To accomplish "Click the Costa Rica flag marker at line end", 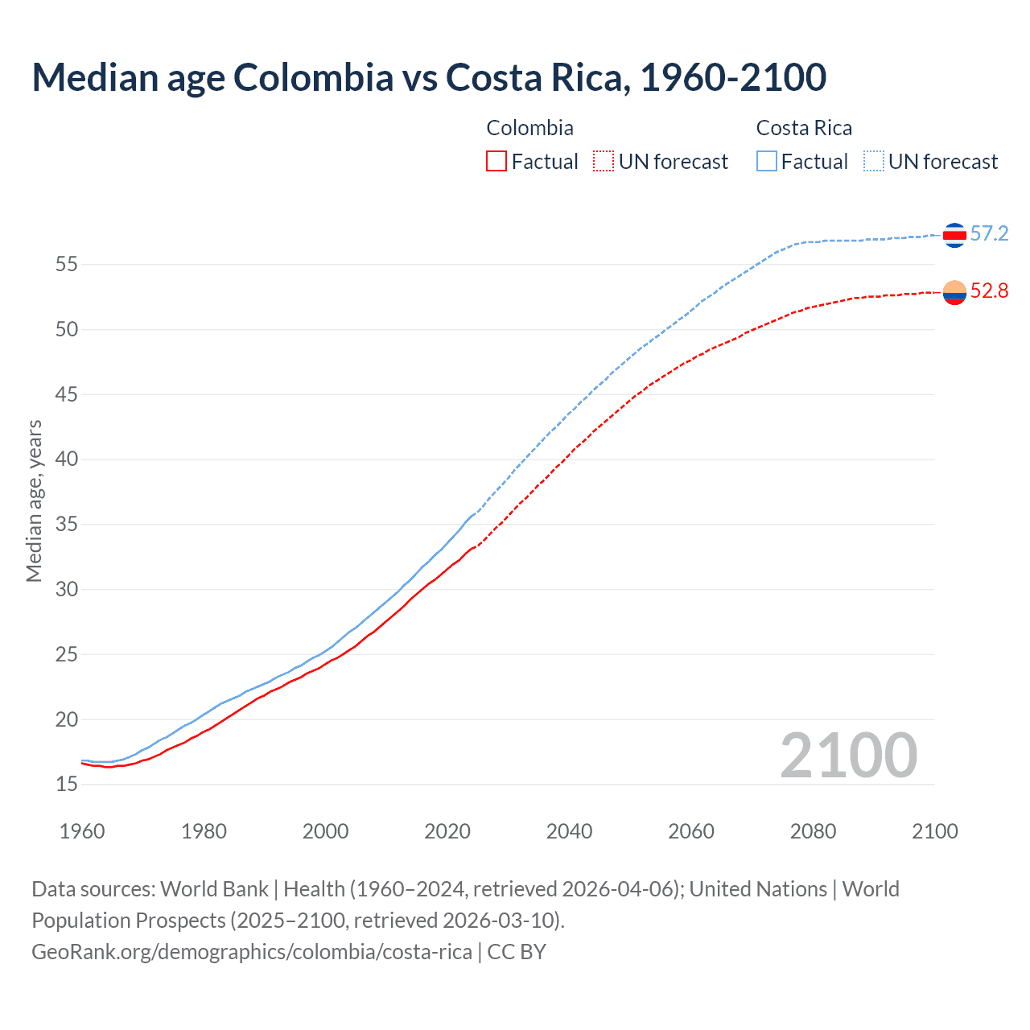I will point(954,235).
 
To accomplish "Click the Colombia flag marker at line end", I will point(954,293).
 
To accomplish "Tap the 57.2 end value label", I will point(989,234).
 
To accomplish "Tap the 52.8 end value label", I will point(989,291).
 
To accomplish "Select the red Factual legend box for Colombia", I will point(496,161).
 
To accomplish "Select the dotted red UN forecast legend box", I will point(604,161).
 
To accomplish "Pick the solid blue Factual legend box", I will point(767,161).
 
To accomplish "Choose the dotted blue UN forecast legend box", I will point(874,161).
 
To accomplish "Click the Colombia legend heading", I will point(529,128).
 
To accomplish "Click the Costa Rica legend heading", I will point(804,128).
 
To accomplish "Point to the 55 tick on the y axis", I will point(67,264).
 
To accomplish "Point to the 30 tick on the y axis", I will point(67,589).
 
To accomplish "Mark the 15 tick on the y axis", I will point(67,784).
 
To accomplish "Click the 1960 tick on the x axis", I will point(82,831).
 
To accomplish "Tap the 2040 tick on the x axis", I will point(569,831).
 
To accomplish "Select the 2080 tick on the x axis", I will point(813,831).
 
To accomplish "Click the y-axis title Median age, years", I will point(34,501).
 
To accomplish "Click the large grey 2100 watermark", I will point(848,756).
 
